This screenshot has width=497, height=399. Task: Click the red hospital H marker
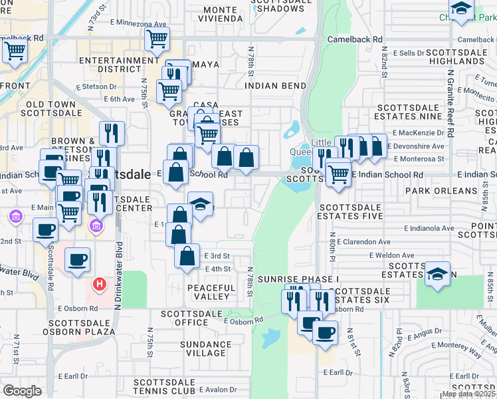100,285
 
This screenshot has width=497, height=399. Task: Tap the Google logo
23,391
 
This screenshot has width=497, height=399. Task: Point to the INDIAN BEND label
275,86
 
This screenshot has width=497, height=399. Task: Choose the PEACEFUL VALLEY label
211,293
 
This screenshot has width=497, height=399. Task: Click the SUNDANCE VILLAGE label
207,349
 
